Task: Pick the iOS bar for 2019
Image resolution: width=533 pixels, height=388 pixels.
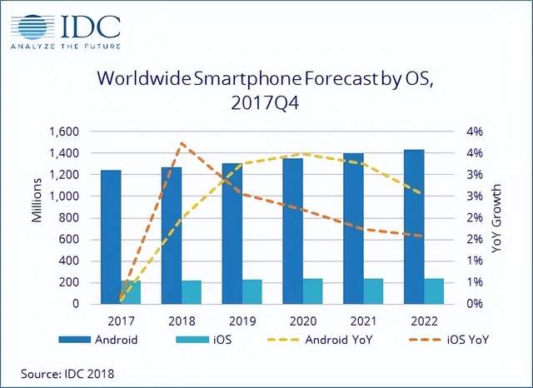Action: (x=252, y=292)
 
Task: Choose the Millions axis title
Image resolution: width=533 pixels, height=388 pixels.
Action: (x=37, y=204)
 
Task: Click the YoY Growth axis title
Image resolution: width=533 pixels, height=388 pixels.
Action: (x=499, y=218)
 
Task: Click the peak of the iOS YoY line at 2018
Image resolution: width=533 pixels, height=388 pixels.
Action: (x=182, y=144)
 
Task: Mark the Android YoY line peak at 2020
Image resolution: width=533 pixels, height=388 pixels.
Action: (x=305, y=154)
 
